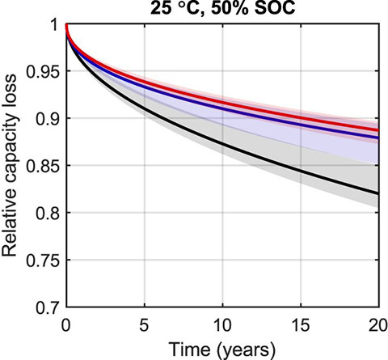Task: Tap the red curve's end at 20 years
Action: coord(377,129)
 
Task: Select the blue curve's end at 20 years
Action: coord(377,138)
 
